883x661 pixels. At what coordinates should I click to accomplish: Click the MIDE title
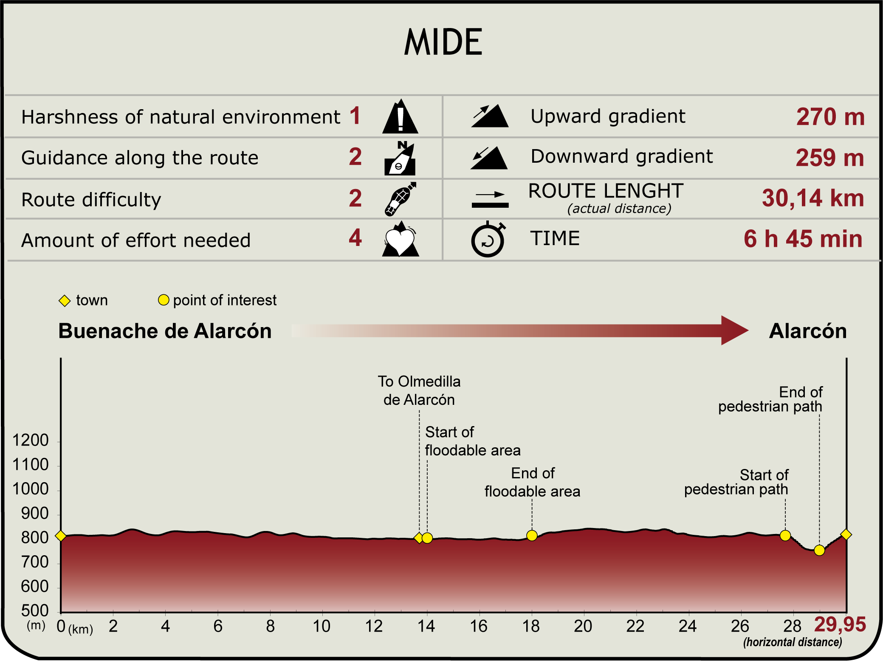[x=443, y=42]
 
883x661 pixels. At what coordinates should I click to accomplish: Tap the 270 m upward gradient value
[x=830, y=117]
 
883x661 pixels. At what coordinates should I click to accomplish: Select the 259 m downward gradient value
[x=830, y=158]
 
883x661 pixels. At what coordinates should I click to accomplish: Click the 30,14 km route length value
[x=813, y=198]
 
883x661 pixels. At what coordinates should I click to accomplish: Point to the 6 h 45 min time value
[x=803, y=239]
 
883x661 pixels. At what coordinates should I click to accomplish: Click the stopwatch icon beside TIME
[x=488, y=239]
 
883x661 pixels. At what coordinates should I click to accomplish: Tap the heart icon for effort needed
[x=400, y=239]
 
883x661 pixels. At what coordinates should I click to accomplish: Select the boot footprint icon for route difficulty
[x=400, y=199]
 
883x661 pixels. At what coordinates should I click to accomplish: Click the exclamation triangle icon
[x=400, y=116]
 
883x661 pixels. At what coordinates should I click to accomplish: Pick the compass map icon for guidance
[x=400, y=158]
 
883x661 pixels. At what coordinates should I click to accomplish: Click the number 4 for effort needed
[x=355, y=238]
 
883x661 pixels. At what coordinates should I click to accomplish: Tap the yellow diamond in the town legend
[x=65, y=301]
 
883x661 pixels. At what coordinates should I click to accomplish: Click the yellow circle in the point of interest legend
[x=164, y=300]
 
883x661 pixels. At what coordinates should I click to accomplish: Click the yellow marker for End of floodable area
[x=532, y=536]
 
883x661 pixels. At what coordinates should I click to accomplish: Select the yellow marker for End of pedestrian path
[x=819, y=551]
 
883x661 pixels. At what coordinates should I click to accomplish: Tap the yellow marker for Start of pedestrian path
[x=785, y=536]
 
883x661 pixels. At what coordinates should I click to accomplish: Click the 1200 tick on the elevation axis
[x=31, y=441]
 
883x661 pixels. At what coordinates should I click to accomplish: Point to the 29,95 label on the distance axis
[x=840, y=624]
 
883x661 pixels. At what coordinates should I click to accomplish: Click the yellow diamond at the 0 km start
[x=61, y=536]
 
